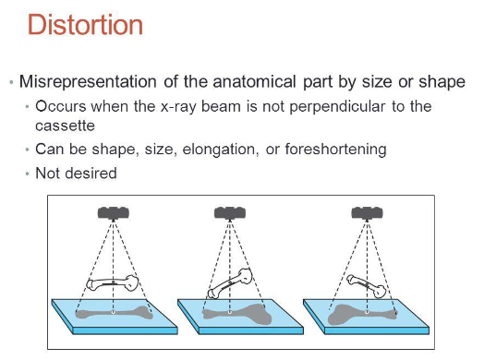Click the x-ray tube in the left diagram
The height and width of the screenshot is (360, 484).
114,212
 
